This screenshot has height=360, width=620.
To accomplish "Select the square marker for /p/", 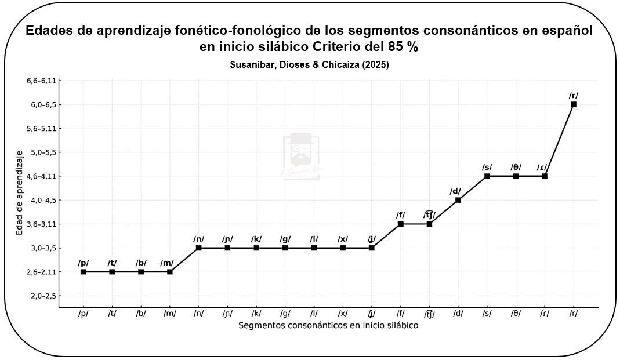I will tap(84, 272).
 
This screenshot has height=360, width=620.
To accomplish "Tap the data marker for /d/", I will tap(458, 200).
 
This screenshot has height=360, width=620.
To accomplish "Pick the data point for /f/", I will tap(401, 224).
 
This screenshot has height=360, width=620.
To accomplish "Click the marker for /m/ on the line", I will tap(170, 272).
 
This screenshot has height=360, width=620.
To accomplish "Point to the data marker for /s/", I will tap(487, 176).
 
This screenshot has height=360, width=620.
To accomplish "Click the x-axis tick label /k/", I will tap(256, 314).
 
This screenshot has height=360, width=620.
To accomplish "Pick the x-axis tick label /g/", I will tap(285, 314).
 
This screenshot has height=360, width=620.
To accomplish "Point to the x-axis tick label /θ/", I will tap(516, 314).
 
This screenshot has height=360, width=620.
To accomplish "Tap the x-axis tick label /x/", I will tap(343, 314).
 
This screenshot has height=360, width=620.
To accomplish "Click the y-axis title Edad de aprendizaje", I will tap(20, 192).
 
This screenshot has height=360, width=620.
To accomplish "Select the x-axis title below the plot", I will tap(328, 325).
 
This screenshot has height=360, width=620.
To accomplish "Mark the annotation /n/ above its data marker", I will tap(199, 239).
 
